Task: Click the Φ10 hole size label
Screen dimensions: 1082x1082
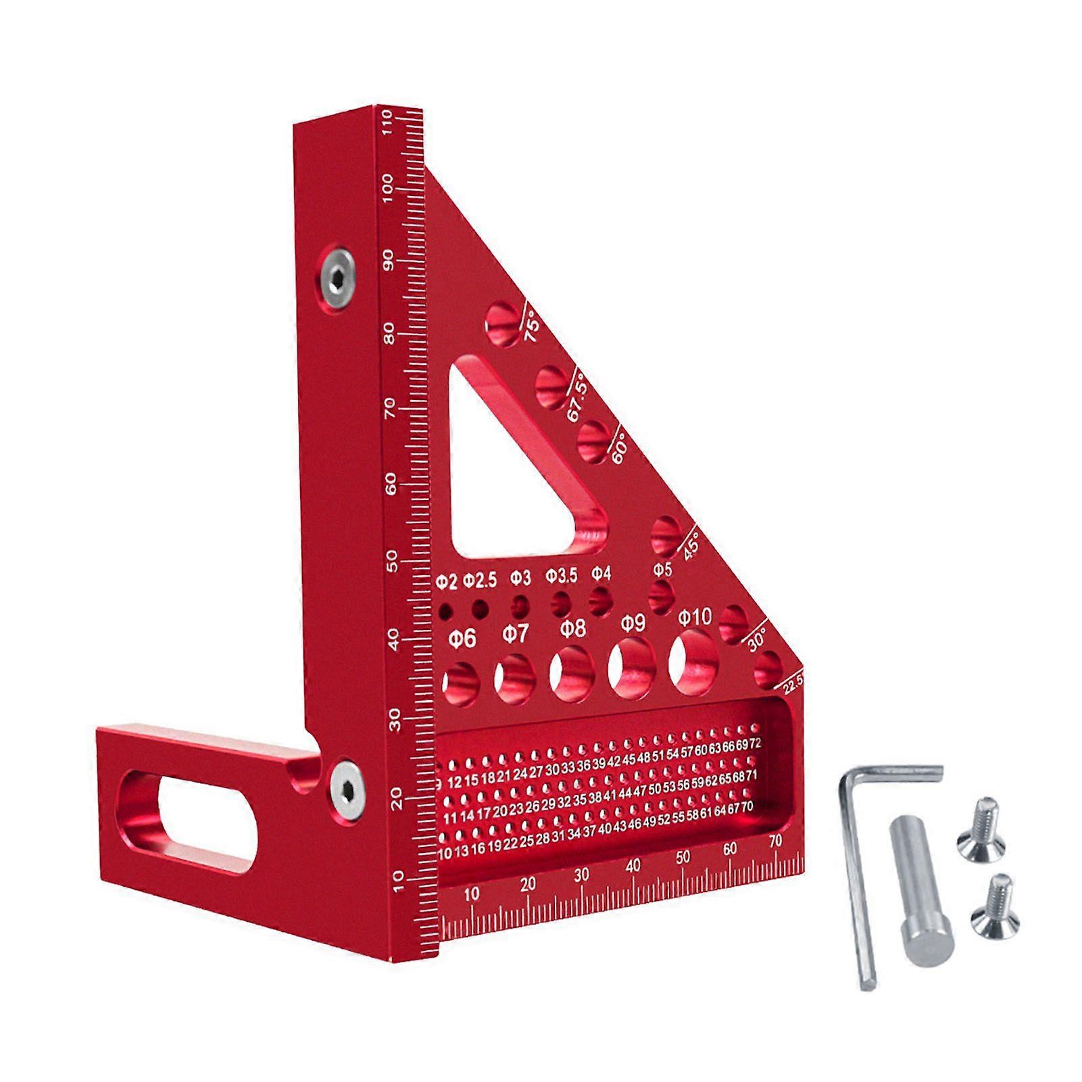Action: pos(695,616)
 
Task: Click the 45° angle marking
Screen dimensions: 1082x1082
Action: pos(691,545)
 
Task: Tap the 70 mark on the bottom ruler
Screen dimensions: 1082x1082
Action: pos(775,840)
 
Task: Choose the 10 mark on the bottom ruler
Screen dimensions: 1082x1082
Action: pos(472,893)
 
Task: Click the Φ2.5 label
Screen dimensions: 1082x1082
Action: pos(480,580)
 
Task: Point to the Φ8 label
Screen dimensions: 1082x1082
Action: pos(572,629)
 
